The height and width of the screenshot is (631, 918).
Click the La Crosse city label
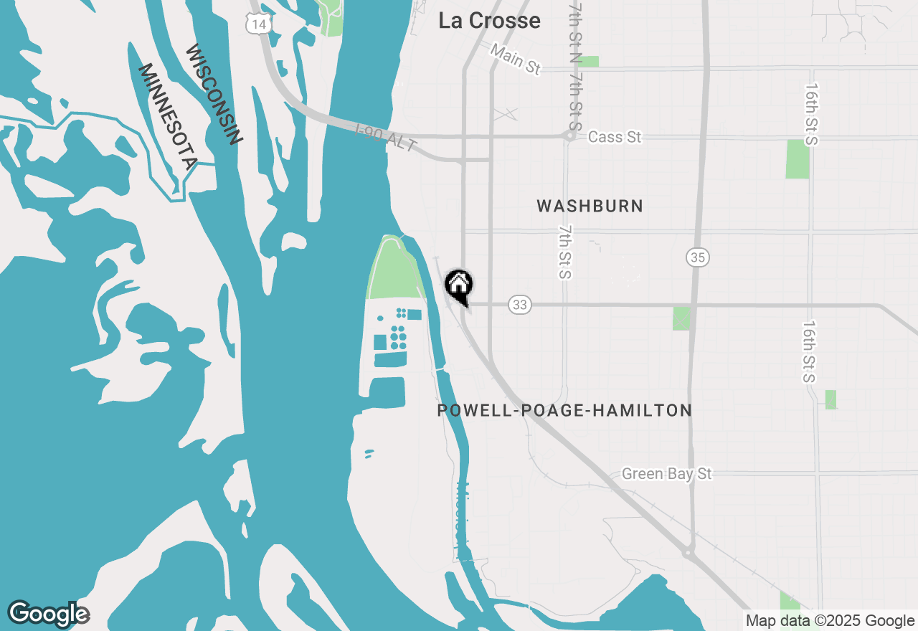pyautogui.click(x=489, y=21)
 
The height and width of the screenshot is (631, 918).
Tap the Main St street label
pyautogui.click(x=516, y=59)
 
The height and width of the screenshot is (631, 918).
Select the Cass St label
pyautogui.click(x=614, y=137)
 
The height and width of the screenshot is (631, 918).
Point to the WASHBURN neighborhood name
pyautogui.click(x=590, y=207)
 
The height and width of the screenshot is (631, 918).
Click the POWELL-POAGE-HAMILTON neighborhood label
pyautogui.click(x=564, y=411)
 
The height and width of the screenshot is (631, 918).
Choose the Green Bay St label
pyautogui.click(x=666, y=474)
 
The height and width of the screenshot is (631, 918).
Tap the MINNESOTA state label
pyautogui.click(x=166, y=116)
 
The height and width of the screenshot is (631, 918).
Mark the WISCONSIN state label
pyautogui.click(x=213, y=95)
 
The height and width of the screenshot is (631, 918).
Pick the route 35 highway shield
pyautogui.click(x=696, y=257)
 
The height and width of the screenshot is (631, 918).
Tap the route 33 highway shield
pyautogui.click(x=520, y=305)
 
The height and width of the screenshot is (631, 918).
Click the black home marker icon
pyautogui.click(x=459, y=285)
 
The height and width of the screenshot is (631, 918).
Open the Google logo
pyautogui.click(x=48, y=614)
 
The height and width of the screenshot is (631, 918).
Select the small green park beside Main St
pyautogui.click(x=589, y=62)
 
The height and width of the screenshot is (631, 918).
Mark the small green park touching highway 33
pyautogui.click(x=681, y=318)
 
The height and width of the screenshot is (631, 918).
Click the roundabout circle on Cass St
pyautogui.click(x=571, y=135)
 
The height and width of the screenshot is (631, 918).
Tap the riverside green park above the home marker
pyautogui.click(x=394, y=269)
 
